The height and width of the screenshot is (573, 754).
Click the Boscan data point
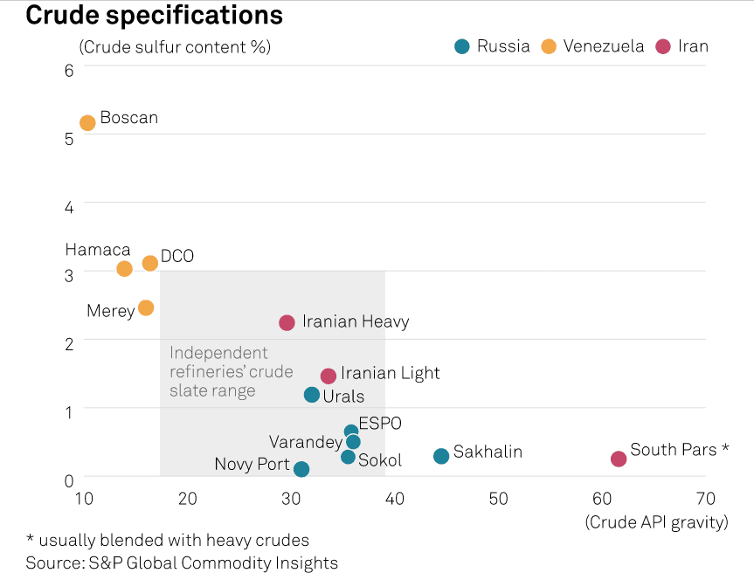pyautogui.click(x=87, y=123)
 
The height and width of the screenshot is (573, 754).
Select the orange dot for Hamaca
pyautogui.click(x=124, y=268)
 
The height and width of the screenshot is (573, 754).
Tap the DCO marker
pyautogui.click(x=150, y=263)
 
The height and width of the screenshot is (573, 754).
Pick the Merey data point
pyautogui.click(x=146, y=307)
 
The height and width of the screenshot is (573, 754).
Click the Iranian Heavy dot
pyautogui.click(x=287, y=323)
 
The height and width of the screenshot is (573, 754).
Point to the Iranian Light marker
pyautogui.click(x=329, y=376)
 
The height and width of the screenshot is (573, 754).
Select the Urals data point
pyautogui.click(x=312, y=395)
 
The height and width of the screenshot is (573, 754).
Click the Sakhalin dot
pyautogui.click(x=441, y=456)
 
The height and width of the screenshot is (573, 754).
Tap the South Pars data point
pyautogui.click(x=619, y=459)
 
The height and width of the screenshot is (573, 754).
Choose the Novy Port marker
pyautogui.click(x=301, y=469)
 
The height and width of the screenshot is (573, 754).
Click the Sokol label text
pyautogui.click(x=380, y=460)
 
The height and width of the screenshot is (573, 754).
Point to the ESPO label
pyautogui.click(x=380, y=424)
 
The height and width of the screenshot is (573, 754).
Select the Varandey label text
pyautogui.click(x=306, y=442)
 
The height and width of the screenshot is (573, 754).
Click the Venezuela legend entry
pyautogui.click(x=604, y=46)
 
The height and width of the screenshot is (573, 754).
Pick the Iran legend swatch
pyautogui.click(x=663, y=46)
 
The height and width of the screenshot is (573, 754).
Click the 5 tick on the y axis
pyautogui.click(x=69, y=138)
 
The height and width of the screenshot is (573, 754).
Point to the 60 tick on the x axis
pyautogui.click(x=602, y=499)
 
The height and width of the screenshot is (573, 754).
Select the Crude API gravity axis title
pyautogui.click(x=656, y=522)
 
